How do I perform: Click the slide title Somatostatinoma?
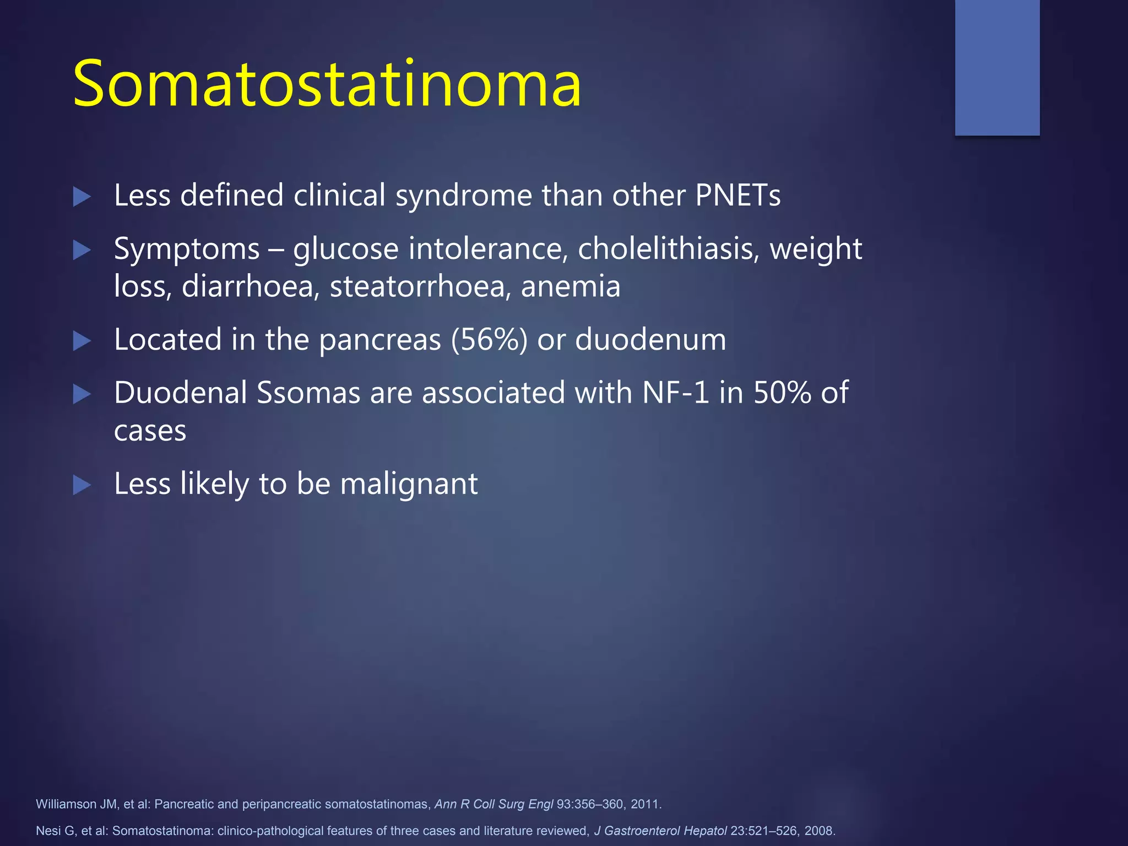point(327,84)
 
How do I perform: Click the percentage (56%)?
point(490,340)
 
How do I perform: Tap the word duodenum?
point(650,340)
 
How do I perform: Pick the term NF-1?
point(676,393)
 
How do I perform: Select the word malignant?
point(409,484)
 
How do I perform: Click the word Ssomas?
point(308,393)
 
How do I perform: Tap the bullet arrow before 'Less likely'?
point(82,485)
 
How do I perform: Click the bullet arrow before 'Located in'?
point(82,341)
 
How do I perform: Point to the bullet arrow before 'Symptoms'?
point(82,251)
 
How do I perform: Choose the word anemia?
point(571,286)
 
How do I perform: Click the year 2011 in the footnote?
point(645,804)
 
